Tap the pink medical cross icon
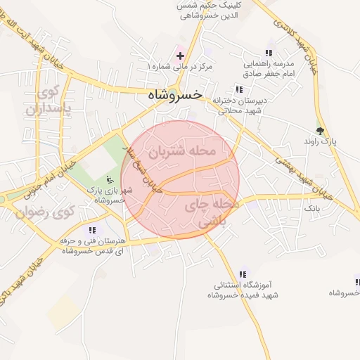pyautogui.click(x=180, y=55)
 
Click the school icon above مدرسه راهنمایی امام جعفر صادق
pyautogui.click(x=269, y=53)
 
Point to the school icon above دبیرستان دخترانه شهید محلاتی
pyautogui.click(x=239, y=89)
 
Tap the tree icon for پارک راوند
pyautogui.click(x=321, y=130)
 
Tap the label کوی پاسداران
pyautogui.click(x=49, y=100)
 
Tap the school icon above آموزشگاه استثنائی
pyautogui.click(x=243, y=274)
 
